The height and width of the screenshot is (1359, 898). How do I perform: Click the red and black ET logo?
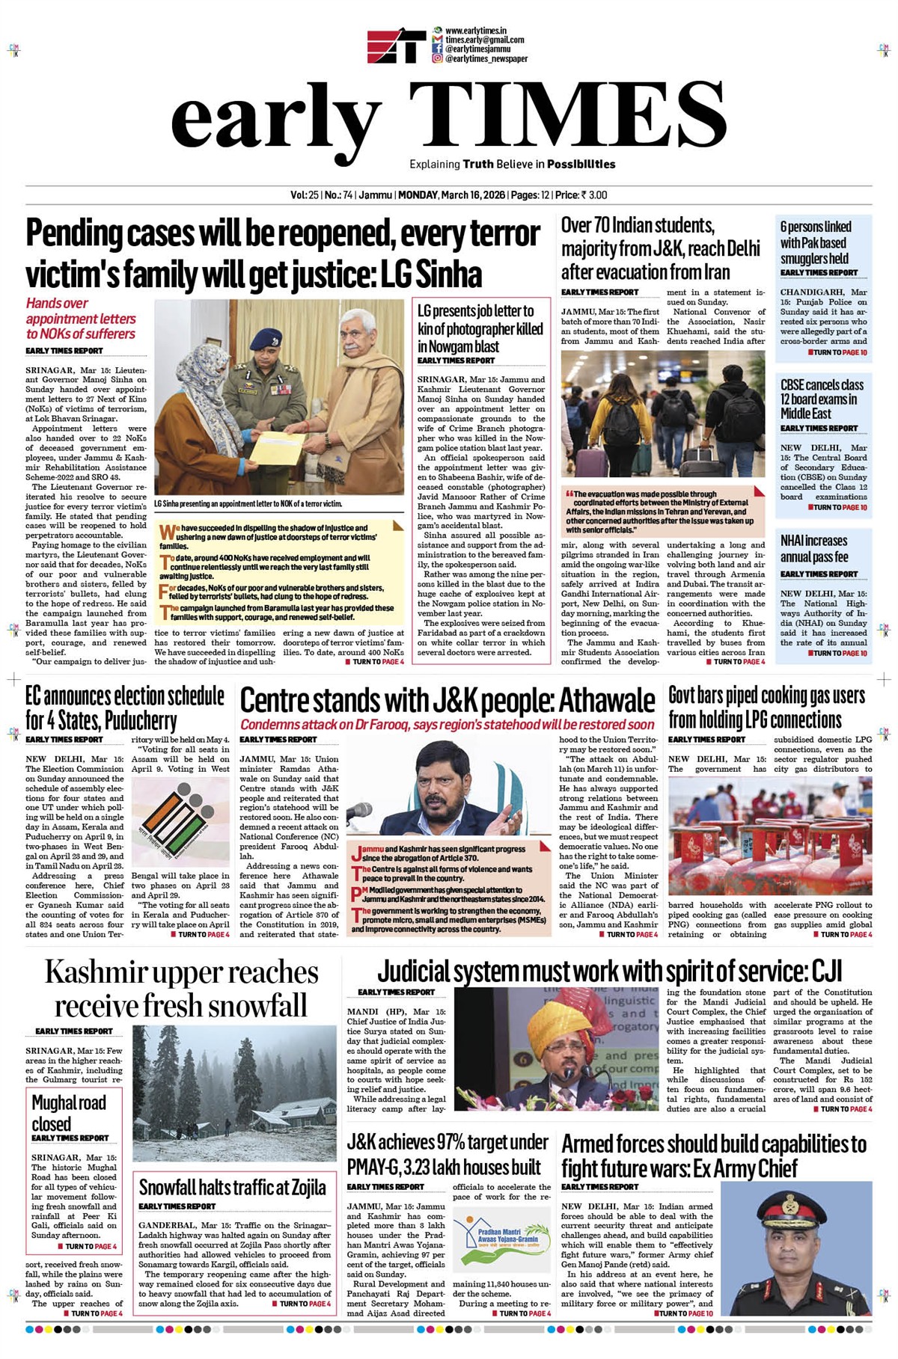pos(396,46)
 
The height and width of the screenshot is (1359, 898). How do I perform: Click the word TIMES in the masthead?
pos(558,114)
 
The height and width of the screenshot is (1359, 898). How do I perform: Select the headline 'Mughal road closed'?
pos(68,1113)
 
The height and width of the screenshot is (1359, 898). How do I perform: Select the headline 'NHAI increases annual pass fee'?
pos(813,548)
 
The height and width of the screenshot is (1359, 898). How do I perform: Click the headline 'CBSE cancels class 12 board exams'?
pos(822,399)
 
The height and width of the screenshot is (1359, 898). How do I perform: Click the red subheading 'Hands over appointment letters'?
pos(81,319)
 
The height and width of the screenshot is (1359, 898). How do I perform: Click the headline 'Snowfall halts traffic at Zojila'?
pos(232,1188)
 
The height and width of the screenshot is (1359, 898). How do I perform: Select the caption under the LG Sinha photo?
pos(248,504)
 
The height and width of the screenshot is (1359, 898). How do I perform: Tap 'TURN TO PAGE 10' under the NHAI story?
pos(838,653)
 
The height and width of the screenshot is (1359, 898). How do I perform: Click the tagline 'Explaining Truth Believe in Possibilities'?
pos(512,165)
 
